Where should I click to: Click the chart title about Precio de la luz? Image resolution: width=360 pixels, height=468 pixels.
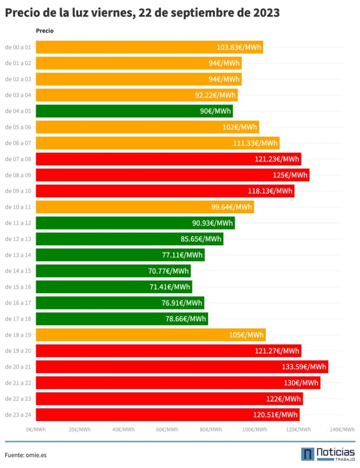[142, 13]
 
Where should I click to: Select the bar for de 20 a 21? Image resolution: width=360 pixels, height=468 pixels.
[182, 367]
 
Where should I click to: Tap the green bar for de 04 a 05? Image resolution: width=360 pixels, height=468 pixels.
[134, 111]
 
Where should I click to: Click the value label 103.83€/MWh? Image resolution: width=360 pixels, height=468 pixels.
[239, 48]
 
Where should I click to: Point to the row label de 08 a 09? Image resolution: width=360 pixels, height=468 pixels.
[18, 175]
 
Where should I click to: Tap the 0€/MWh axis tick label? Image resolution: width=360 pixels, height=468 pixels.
[36, 429]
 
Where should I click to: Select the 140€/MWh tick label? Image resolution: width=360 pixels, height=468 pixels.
[342, 429]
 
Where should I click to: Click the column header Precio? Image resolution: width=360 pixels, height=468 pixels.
[44, 31]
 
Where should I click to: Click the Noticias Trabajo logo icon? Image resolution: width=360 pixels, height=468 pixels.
[307, 454]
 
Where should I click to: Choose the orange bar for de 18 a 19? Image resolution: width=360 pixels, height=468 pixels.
[150, 335]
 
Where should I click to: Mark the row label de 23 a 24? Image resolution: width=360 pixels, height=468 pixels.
[18, 415]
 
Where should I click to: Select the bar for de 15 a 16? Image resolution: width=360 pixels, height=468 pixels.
[114, 287]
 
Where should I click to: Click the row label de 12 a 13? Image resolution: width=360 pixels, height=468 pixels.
[18, 239]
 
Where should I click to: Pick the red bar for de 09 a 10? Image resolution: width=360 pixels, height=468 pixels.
[165, 191]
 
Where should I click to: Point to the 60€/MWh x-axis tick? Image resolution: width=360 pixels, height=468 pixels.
[168, 429]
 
